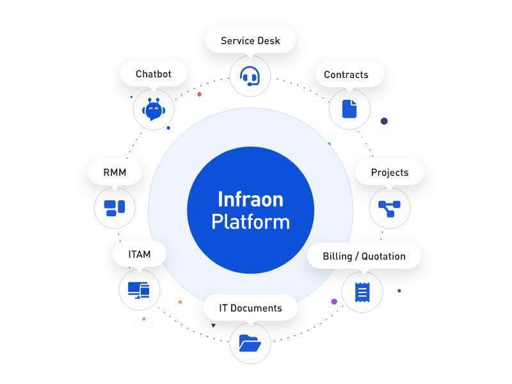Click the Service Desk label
(x=250, y=40)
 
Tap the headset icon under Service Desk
(x=250, y=76)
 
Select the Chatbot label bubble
(x=154, y=74)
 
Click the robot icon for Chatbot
(x=154, y=109)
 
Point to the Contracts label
(x=346, y=74)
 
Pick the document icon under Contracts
(x=349, y=109)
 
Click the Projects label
(x=390, y=172)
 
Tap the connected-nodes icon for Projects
(x=389, y=209)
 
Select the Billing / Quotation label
(x=364, y=257)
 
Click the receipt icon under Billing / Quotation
(x=362, y=292)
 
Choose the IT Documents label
(x=250, y=308)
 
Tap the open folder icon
(x=250, y=343)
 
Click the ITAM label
(x=140, y=254)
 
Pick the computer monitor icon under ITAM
(x=139, y=290)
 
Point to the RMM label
(x=115, y=172)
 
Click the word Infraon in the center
(x=250, y=199)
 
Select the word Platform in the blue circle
(x=250, y=222)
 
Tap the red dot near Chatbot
(x=199, y=94)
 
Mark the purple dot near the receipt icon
(x=334, y=301)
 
